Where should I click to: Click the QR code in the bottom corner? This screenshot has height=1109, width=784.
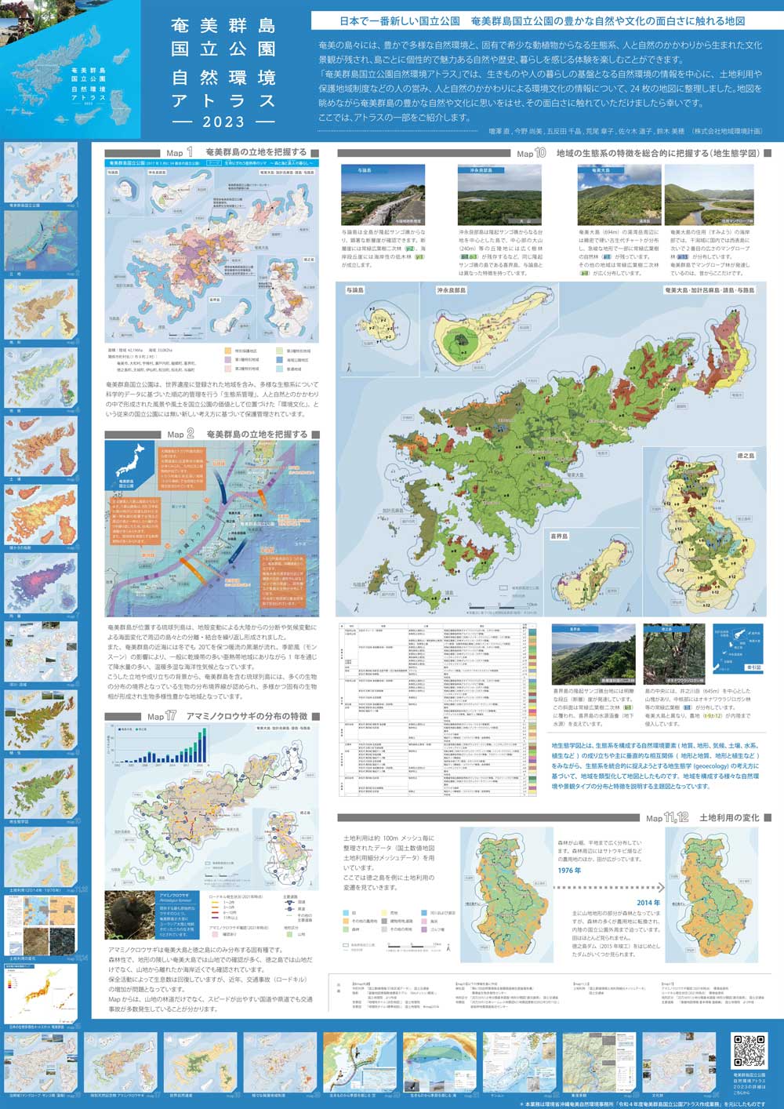[748, 1051]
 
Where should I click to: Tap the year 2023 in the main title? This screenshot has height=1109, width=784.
[223, 122]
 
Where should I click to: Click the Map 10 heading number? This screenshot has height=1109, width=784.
[540, 153]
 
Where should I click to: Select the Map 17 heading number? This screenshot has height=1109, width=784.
[170, 716]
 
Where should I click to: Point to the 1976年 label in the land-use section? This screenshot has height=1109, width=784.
[569, 871]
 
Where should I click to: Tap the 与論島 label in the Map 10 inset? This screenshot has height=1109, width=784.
[355, 290]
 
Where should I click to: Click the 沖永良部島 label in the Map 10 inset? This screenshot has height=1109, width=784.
[452, 290]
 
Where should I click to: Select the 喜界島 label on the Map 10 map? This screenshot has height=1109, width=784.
[559, 536]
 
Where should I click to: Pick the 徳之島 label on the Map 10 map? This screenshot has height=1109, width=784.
[745, 456]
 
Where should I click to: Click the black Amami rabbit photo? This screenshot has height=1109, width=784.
[131, 914]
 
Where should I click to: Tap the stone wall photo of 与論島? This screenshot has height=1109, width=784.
[383, 195]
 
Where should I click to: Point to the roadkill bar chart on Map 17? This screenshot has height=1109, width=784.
[161, 748]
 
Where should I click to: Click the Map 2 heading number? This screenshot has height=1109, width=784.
[189, 434]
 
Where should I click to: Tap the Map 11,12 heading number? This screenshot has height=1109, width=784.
[677, 817]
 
